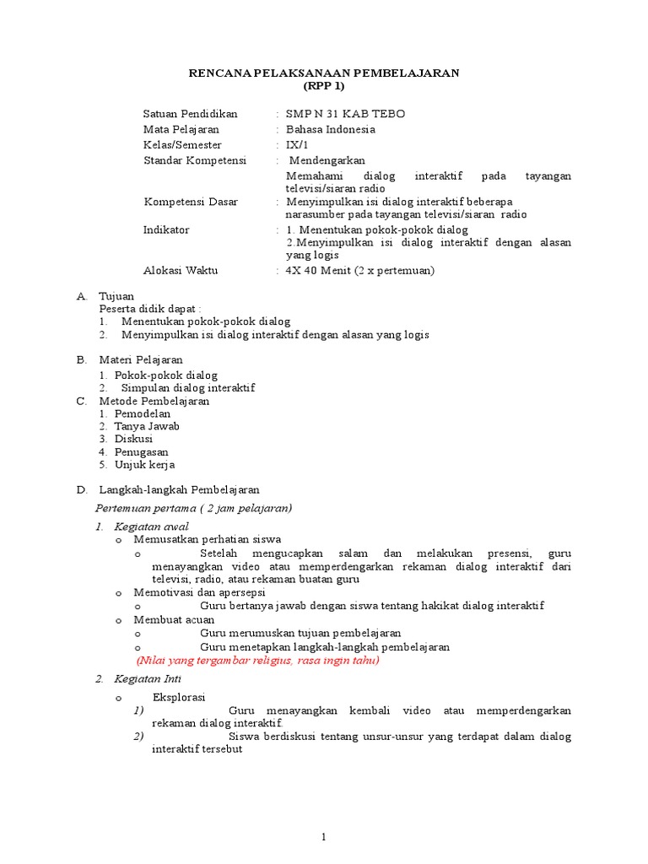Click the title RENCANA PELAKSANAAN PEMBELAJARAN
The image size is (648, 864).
pyautogui.click(x=323, y=73)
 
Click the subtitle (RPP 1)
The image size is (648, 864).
pyautogui.click(x=323, y=87)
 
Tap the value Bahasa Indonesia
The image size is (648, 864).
pyautogui.click(x=331, y=129)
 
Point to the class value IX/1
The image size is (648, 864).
pyautogui.click(x=299, y=145)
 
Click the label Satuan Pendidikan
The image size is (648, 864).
pyautogui.click(x=191, y=114)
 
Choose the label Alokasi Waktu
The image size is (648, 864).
pyautogui.click(x=181, y=270)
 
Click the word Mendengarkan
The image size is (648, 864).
pyautogui.click(x=328, y=160)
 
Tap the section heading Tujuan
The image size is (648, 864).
pyautogui.click(x=116, y=297)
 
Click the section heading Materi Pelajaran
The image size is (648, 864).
pyautogui.click(x=141, y=359)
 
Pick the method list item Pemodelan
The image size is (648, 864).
pyautogui.click(x=143, y=413)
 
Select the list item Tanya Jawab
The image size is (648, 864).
pyautogui.click(x=147, y=426)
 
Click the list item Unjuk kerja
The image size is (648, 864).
pyautogui.click(x=145, y=464)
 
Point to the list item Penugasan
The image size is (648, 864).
pyautogui.click(x=142, y=451)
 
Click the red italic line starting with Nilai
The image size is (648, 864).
pyautogui.click(x=258, y=660)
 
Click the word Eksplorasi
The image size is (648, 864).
pyautogui.click(x=179, y=697)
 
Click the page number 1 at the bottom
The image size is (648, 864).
pyautogui.click(x=322, y=837)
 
